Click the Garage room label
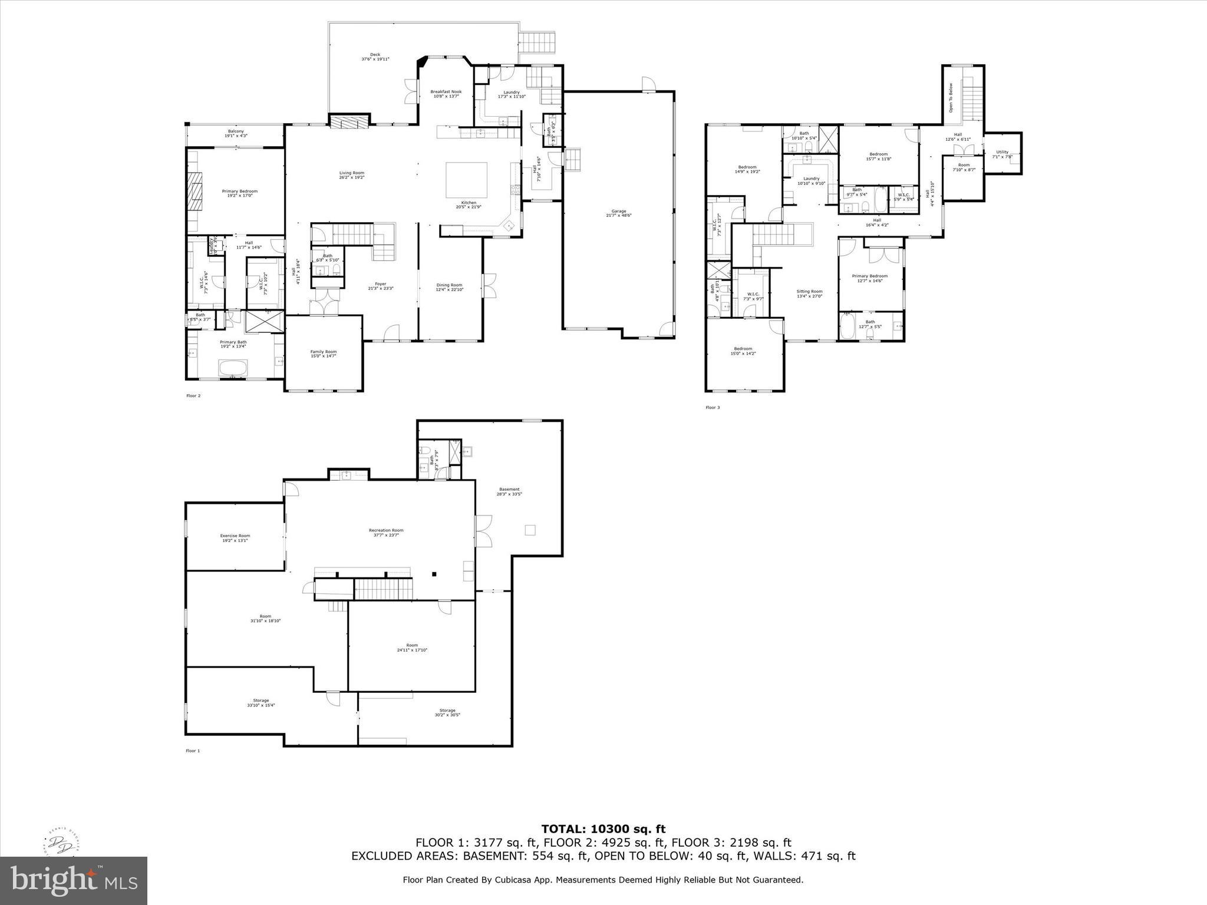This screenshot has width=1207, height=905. pos(618,213)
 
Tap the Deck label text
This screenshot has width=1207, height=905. pos(375,57)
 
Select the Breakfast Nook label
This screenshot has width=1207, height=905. pos(446,94)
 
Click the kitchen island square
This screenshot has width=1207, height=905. pos(466,180)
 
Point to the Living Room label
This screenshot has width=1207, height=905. pos(351,175)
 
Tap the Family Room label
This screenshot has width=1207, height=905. pos(324,354)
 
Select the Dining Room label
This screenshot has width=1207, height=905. pos(449,287)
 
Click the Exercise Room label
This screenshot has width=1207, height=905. pos(235,538)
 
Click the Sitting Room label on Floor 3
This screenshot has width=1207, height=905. pos(809,293)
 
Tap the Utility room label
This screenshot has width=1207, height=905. pos(1002,154)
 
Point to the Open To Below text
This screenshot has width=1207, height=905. pos(951,98)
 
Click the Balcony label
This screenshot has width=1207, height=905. pos(236,134)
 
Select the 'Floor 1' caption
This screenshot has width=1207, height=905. pos(193,751)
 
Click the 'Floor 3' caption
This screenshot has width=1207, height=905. pos(713,407)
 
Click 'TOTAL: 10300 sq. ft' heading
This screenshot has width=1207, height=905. pos(603,830)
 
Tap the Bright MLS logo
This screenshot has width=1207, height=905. pos(73,880)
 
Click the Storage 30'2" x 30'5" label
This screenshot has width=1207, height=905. pos(447,712)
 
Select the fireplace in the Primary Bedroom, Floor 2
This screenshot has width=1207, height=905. pos(195,190)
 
